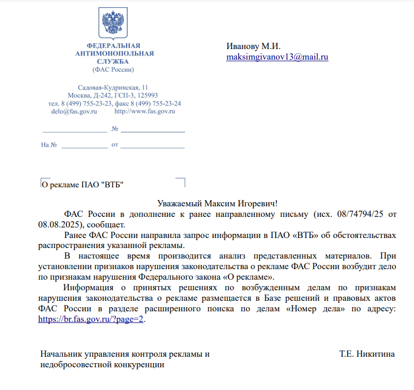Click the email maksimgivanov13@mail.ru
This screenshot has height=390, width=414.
pos(277,57)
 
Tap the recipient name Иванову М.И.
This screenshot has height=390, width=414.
pos(253,46)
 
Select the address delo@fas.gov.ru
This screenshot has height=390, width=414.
pos(74,111)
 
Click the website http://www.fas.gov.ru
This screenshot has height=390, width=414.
pos(145,111)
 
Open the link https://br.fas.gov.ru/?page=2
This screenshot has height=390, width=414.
pos(91,319)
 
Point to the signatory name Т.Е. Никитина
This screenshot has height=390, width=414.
pos(367,354)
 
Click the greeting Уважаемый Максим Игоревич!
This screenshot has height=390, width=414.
pos(217,204)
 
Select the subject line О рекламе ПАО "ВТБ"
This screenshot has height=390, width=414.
pos(83,185)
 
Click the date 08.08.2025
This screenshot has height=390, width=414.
pos(59,224)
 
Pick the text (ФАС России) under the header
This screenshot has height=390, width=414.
pos(113,69)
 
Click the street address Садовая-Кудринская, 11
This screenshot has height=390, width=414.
pos(113,87)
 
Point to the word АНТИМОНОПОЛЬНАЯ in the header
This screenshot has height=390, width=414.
pos(114,53)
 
